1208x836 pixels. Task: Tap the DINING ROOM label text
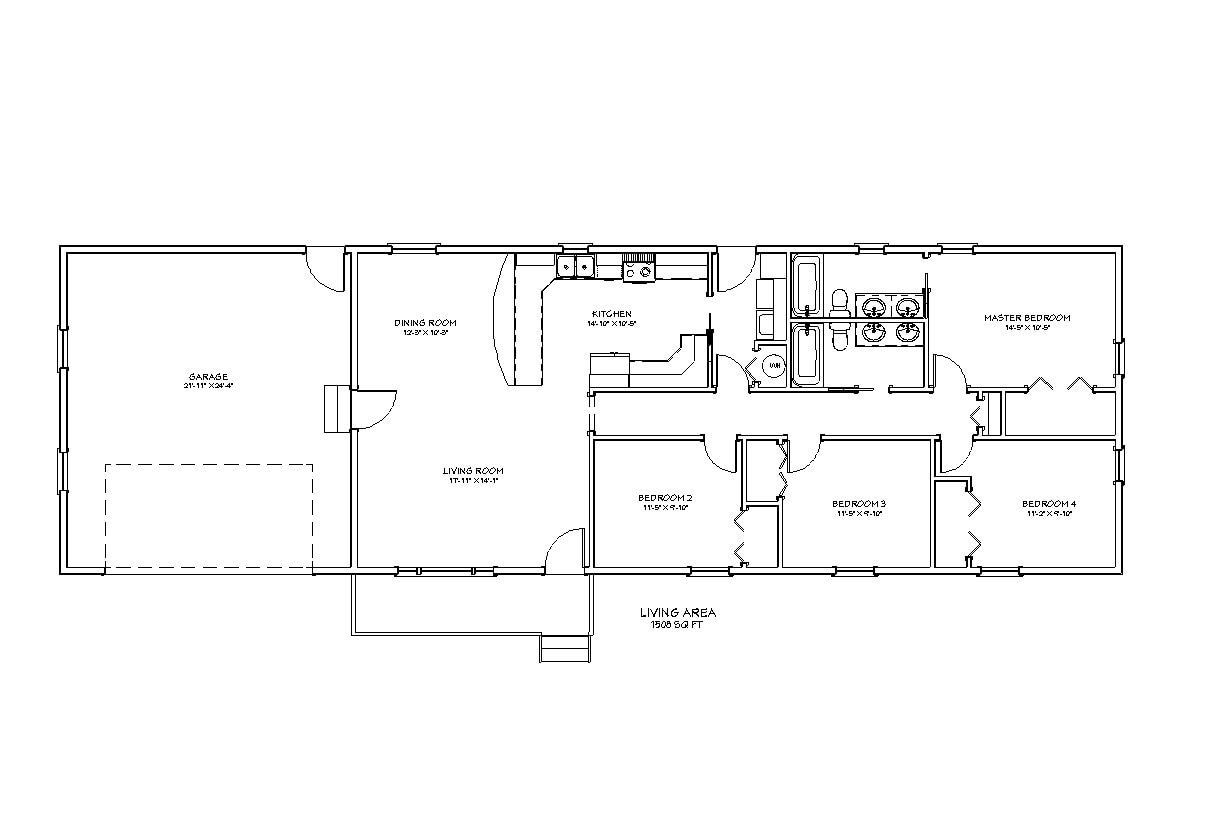pyautogui.click(x=425, y=323)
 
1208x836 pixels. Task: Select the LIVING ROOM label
pyautogui.click(x=473, y=471)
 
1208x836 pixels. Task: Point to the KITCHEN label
pyautogui.click(x=611, y=315)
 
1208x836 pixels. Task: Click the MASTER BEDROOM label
pyautogui.click(x=1026, y=318)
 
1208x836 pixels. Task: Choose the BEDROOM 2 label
pyautogui.click(x=665, y=498)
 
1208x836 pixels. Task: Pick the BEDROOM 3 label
pyautogui.click(x=859, y=503)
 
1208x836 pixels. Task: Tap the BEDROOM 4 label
pyautogui.click(x=1048, y=503)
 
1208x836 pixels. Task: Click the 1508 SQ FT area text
pyautogui.click(x=677, y=623)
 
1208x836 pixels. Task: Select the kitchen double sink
pyautogui.click(x=574, y=266)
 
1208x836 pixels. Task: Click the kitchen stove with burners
pyautogui.click(x=638, y=267)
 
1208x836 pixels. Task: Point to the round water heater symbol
pyautogui.click(x=773, y=367)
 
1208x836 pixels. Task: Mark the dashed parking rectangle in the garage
pyautogui.click(x=209, y=517)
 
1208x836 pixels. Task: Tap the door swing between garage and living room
pyautogui.click(x=372, y=409)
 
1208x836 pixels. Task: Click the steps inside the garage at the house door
pyautogui.click(x=334, y=408)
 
